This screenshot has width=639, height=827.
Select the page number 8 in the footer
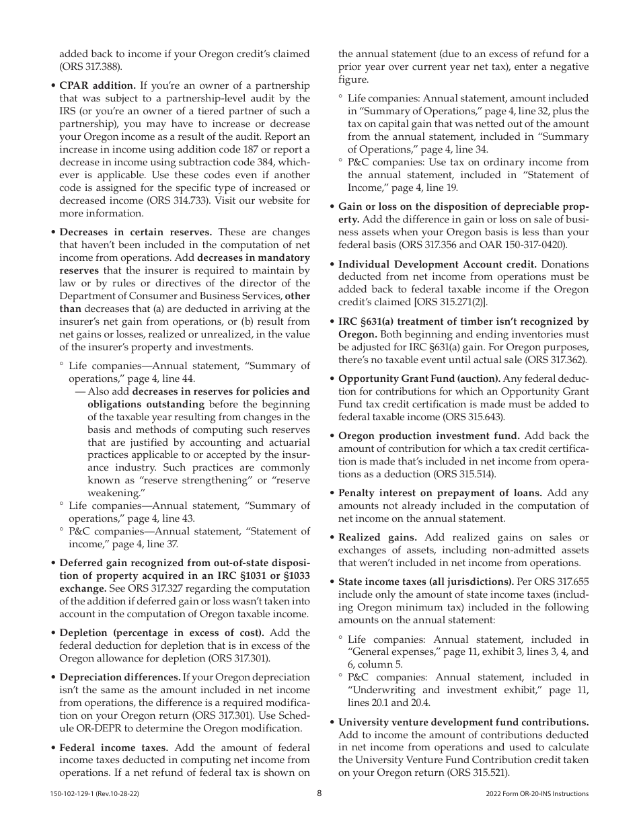(319, 793)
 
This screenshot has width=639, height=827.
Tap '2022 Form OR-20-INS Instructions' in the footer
(537, 794)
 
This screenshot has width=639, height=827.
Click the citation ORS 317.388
(92, 67)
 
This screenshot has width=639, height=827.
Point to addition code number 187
(269, 149)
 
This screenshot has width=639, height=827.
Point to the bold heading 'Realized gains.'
(377, 537)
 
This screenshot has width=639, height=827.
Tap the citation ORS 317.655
(558, 581)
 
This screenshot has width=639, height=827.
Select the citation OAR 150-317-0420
(524, 245)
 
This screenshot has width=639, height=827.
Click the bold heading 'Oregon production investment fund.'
(428, 436)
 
